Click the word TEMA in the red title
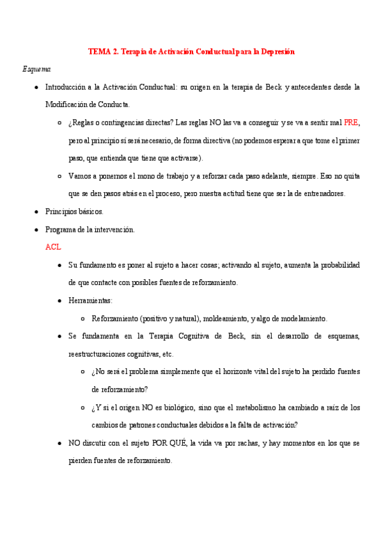99,51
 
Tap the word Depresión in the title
276,51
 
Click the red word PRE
351,122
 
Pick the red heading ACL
53,247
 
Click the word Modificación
70,104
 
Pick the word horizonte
244,371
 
